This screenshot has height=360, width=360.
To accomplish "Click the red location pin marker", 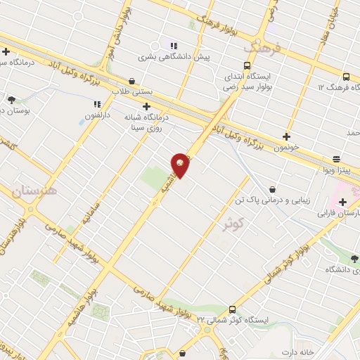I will (x=181, y=165).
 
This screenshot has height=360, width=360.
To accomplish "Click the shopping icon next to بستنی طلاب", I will (x=133, y=81).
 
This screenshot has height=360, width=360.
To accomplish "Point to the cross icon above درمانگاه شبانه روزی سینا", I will (x=146, y=106).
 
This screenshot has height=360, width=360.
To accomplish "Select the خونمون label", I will (x=286, y=148).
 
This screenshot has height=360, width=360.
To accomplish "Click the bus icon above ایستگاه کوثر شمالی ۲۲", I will (x=233, y=309).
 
